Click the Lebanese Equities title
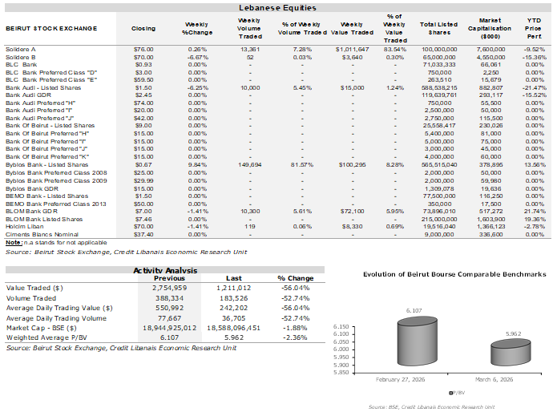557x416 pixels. pyautogui.click(x=278, y=7)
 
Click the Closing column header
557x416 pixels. pyautogui.click(x=143, y=28)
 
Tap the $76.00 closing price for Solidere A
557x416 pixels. pyautogui.click(x=143, y=49)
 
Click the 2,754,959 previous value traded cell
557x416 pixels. pyautogui.click(x=164, y=285)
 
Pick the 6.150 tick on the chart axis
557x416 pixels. pyautogui.click(x=343, y=327)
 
